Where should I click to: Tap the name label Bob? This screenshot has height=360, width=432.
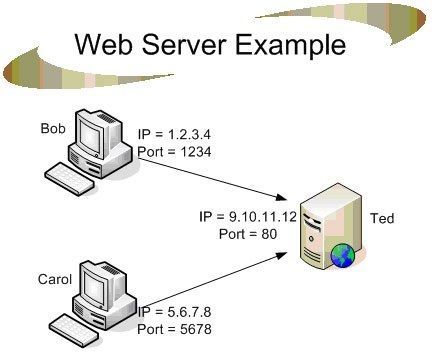point(52,128)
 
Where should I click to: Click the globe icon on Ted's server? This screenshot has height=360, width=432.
point(342,257)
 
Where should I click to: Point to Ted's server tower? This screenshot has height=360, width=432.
point(328,225)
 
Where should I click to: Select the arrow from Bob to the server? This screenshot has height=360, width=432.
point(220,179)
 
